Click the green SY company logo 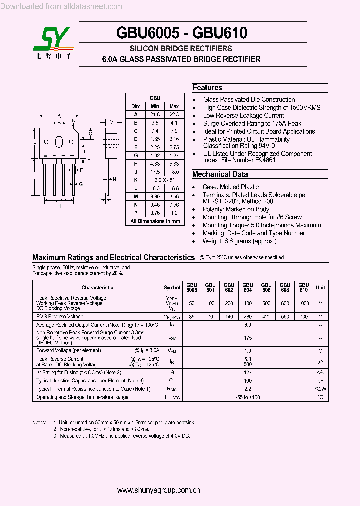[x=53, y=40]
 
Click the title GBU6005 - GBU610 [x=181, y=33]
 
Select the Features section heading [x=207, y=88]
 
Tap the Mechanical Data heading [x=220, y=174]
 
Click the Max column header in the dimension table [x=174, y=106]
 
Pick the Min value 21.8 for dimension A [x=155, y=114]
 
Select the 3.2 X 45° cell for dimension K [x=164, y=179]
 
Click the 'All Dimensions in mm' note [x=155, y=221]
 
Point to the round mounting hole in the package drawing [x=58, y=140]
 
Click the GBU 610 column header [x=303, y=287]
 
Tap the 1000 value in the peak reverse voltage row [x=303, y=303]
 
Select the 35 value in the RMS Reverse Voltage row [x=192, y=316]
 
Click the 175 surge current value [x=248, y=338]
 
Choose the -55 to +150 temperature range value [x=248, y=397]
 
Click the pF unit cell [x=320, y=381]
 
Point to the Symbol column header [x=172, y=288]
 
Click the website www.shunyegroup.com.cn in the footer [x=159, y=491]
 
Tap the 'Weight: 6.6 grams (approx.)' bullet [x=239, y=241]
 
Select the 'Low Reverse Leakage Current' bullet [x=243, y=115]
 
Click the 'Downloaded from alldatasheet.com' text [x=62, y=7]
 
